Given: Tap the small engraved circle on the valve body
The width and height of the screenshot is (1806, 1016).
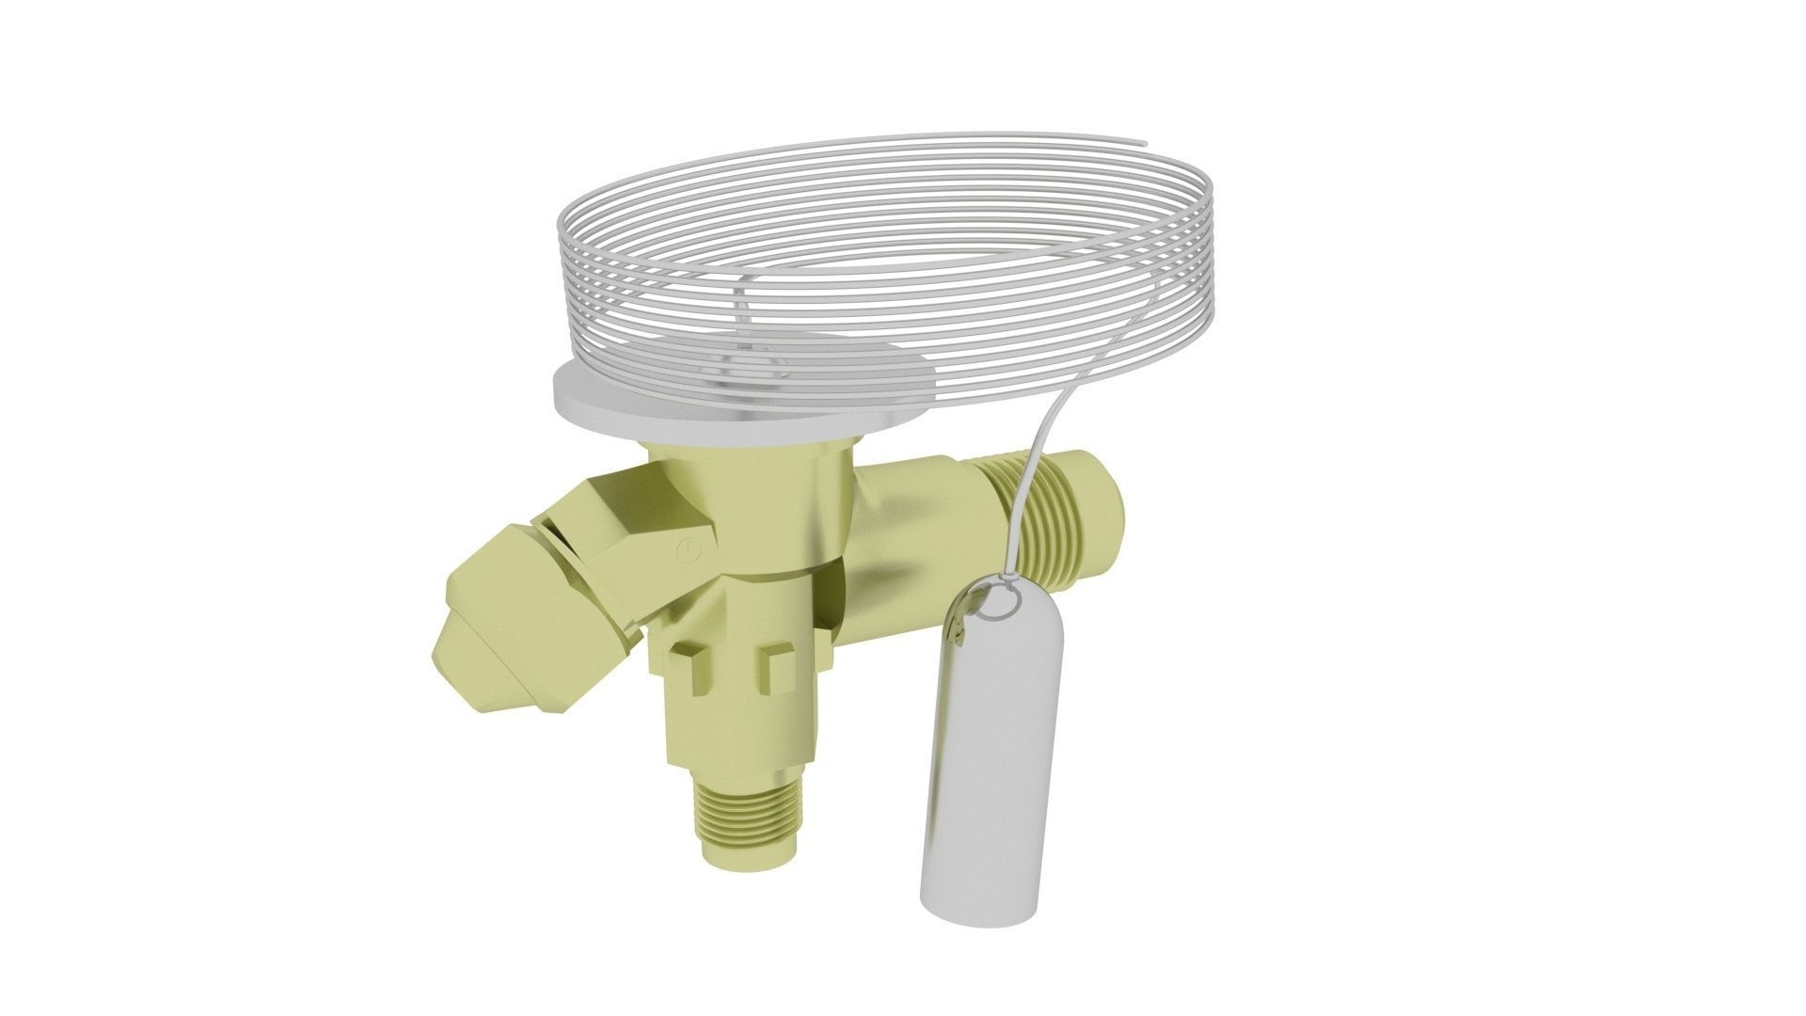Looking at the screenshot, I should point(689,551).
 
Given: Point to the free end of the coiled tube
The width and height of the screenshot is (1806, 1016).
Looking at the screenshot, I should point(1144,144).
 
